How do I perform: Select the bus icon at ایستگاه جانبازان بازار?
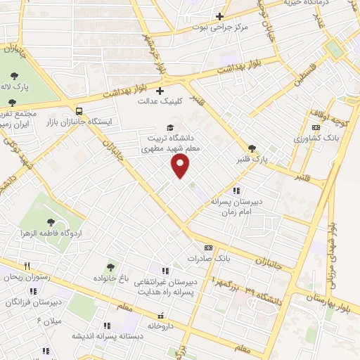pyautogui.click(x=79, y=110)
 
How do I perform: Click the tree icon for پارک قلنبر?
pyautogui.click(x=252, y=148)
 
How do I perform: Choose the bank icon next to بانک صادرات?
pyautogui.click(x=208, y=247)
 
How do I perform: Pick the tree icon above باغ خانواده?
pyautogui.click(x=110, y=267)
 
